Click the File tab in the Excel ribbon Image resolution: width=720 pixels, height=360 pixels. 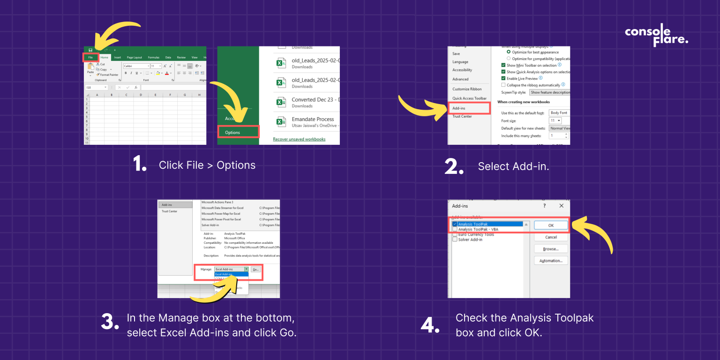tap(90, 57)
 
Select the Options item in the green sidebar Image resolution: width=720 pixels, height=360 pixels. tap(232, 132)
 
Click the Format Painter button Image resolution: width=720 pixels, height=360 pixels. tap(109, 75)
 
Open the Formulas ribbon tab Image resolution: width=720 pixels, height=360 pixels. tap(154, 57)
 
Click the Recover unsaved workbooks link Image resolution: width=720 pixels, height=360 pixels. tap(299, 139)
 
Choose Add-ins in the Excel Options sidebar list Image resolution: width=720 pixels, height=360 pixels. tap(459, 108)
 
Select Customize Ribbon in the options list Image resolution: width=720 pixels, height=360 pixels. tap(467, 89)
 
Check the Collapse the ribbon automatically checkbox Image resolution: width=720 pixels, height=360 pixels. tap(503, 85)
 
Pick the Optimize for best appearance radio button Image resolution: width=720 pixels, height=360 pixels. tap(509, 52)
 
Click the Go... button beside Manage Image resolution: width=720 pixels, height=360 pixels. tap(255, 270)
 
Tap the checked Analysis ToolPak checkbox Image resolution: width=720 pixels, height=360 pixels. tap(455, 225)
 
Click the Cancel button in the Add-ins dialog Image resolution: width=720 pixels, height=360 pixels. tap(551, 237)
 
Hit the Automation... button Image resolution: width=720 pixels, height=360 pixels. tap(551, 261)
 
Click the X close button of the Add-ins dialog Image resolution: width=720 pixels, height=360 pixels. tap(561, 206)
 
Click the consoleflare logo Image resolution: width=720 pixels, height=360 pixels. tap(656, 35)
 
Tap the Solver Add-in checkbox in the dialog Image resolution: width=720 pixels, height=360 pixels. tap(455, 240)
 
